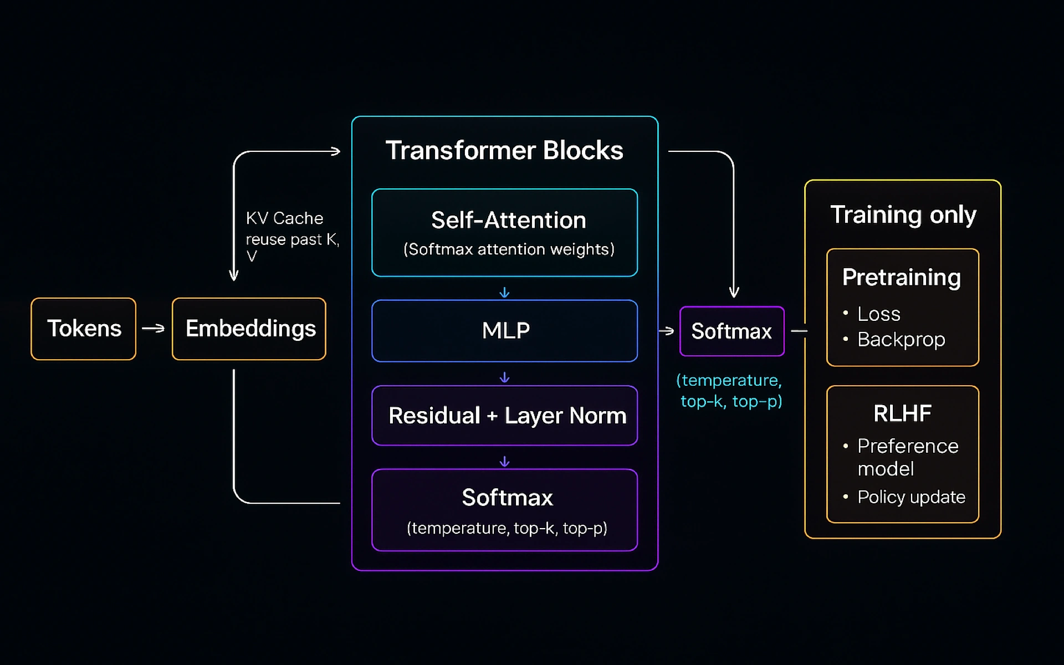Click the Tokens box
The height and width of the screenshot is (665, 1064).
(x=84, y=329)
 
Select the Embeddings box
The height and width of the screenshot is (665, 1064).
(x=249, y=329)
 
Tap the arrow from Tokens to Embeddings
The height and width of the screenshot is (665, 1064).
(x=154, y=329)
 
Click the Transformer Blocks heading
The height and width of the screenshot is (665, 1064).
(x=504, y=150)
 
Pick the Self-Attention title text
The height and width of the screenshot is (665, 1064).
(x=508, y=220)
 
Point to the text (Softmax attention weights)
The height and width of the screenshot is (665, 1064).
(x=508, y=249)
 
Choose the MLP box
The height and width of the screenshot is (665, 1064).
(x=504, y=331)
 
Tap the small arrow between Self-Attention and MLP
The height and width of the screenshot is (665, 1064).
(x=504, y=292)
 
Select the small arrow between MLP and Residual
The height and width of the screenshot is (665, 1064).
(x=504, y=377)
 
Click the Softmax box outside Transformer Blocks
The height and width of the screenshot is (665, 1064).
(x=731, y=331)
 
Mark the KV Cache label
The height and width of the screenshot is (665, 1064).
(x=284, y=218)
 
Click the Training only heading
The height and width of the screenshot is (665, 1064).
(x=903, y=214)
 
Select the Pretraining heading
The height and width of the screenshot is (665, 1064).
(x=901, y=277)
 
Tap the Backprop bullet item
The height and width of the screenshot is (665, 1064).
(x=901, y=339)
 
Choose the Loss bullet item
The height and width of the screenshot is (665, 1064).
(x=878, y=314)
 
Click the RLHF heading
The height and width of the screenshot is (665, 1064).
(x=902, y=413)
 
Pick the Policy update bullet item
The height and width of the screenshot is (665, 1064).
(x=910, y=497)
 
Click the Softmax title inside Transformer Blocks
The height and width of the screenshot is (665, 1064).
(x=507, y=498)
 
